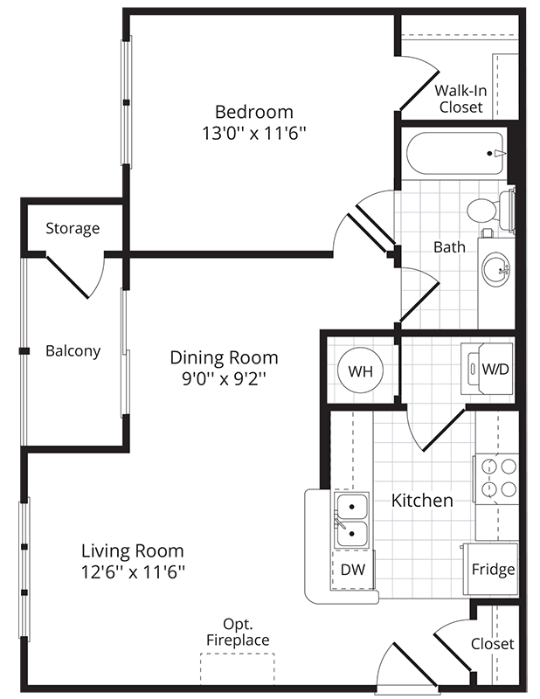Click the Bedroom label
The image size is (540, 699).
[x=254, y=112]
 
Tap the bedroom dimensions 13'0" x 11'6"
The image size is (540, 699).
[x=254, y=133]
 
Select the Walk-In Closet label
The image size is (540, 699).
[x=460, y=99]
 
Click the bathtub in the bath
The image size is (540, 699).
[x=455, y=154]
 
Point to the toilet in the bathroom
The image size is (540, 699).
[x=490, y=210]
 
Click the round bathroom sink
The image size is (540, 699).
[x=495, y=269]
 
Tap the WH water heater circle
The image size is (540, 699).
[x=360, y=370]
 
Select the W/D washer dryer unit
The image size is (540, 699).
[x=487, y=368]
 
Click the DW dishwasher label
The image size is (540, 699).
[x=353, y=570]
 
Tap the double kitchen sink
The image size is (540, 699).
[x=352, y=520]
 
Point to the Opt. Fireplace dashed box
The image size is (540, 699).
[x=237, y=669]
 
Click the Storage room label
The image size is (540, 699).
[x=73, y=228]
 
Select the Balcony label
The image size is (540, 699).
[x=73, y=351]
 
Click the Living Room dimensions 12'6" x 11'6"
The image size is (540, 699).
[x=133, y=571]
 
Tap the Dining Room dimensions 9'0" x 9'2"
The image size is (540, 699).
[x=225, y=378]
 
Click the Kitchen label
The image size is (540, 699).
[x=422, y=500]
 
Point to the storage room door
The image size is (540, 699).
[x=68, y=277]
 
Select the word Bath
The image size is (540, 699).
[x=449, y=246]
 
